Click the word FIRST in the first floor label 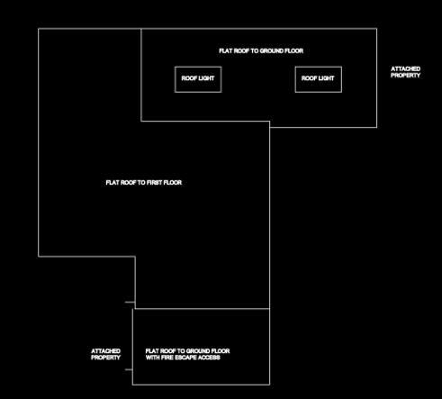click(154, 183)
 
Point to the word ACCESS click(212, 358)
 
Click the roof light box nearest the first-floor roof click(198, 67)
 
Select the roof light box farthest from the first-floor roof click(319, 67)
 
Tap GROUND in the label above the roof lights click(272, 51)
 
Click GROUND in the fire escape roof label click(198, 351)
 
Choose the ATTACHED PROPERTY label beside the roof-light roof click(405, 72)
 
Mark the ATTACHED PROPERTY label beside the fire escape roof click(105, 354)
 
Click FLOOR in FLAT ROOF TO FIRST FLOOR click(173, 183)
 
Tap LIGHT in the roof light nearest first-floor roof click(206, 78)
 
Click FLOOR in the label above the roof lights click(294, 51)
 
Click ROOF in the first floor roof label click(128, 183)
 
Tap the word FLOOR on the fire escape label click(221, 351)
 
